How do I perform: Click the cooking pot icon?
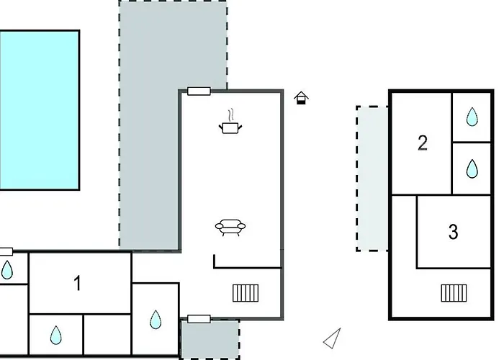point(230,126)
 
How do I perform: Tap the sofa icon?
point(230,228)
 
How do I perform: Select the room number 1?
point(78,284)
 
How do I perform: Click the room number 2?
point(423,143)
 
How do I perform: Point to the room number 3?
point(453,232)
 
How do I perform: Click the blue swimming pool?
point(39,109)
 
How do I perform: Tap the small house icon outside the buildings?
point(302,98)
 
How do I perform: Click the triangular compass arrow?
point(333,338)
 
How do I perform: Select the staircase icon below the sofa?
point(246,292)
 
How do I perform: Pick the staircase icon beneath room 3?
point(454,292)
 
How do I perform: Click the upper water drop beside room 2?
point(471,117)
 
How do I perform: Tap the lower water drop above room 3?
point(471,168)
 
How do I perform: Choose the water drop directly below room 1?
point(56,335)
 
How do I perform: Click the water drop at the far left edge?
point(6,271)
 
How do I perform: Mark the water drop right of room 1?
point(156,319)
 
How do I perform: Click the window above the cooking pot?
point(198,91)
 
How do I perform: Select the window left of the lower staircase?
point(199,318)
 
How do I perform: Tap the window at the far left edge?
point(6,251)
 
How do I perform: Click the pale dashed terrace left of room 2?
point(372,179)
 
